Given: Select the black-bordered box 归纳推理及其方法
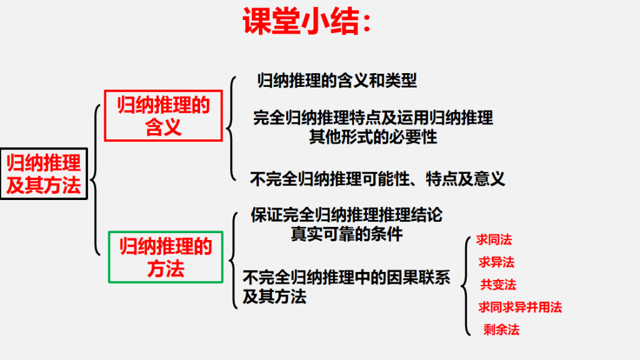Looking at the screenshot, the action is pyautogui.click(x=44, y=174).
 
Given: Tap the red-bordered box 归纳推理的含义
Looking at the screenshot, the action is pyautogui.click(x=163, y=116).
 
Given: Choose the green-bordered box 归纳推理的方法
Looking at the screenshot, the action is pyautogui.click(x=166, y=257).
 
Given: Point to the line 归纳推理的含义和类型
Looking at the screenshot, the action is pyautogui.click(x=337, y=81).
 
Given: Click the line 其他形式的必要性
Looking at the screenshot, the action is pyautogui.click(x=373, y=137).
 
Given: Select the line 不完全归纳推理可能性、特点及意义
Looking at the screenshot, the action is pyautogui.click(x=377, y=179).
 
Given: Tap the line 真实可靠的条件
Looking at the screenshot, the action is pyautogui.click(x=346, y=234).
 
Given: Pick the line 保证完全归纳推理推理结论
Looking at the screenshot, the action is pyautogui.click(x=346, y=215).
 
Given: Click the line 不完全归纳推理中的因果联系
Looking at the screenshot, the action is pyautogui.click(x=346, y=277).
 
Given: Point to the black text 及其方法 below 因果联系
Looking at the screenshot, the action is pyautogui.click(x=274, y=297).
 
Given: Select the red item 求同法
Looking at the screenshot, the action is pyautogui.click(x=494, y=239).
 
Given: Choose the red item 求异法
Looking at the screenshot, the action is pyautogui.click(x=496, y=262).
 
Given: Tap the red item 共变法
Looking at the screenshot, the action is pyautogui.click(x=498, y=284).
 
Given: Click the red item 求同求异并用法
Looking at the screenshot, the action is pyautogui.click(x=520, y=307).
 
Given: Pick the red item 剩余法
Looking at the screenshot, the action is pyautogui.click(x=501, y=329).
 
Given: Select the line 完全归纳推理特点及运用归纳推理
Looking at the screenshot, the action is pyautogui.click(x=373, y=117).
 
